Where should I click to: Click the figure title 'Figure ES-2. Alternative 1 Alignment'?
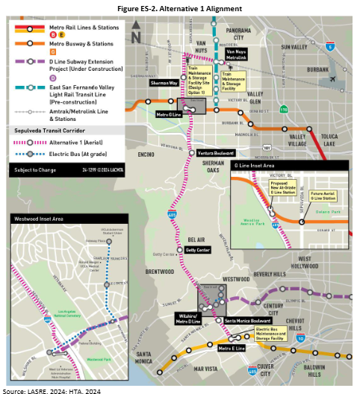click(x=180, y=7)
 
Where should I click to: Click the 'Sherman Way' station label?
click(x=164, y=84)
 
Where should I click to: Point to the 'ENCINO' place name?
click(x=146, y=154)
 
